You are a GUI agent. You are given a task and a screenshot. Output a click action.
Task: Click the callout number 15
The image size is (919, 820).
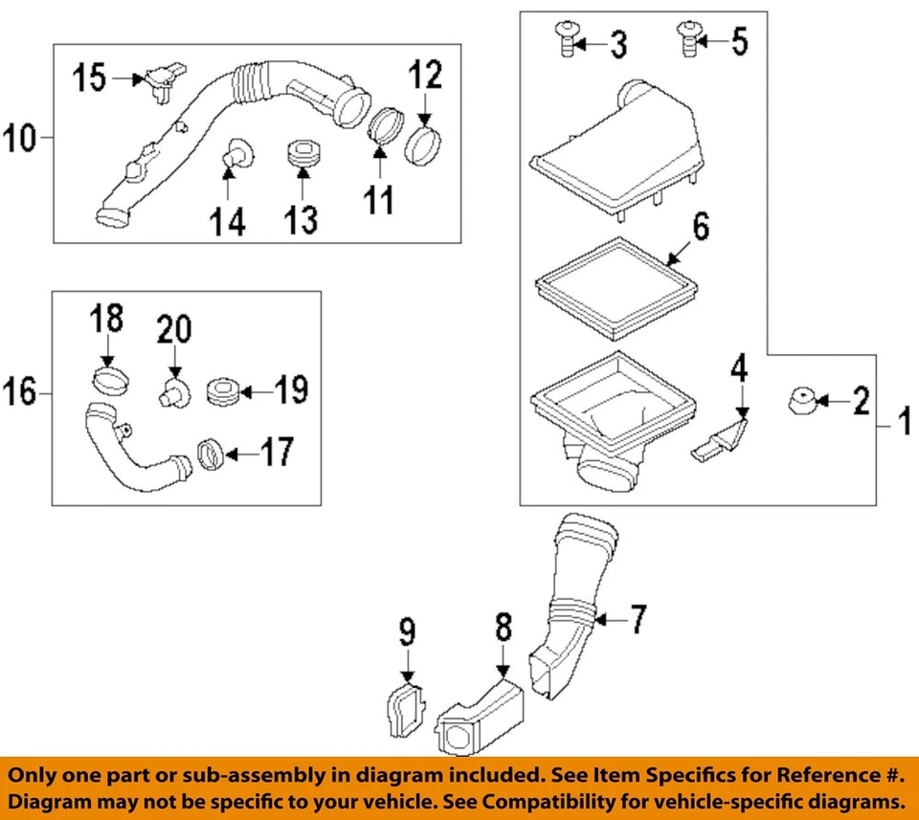92,78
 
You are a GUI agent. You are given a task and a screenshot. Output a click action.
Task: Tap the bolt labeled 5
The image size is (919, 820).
685,38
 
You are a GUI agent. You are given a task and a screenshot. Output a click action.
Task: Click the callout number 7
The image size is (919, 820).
638,620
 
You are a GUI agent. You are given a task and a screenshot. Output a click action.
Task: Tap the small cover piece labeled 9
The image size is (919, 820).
404,709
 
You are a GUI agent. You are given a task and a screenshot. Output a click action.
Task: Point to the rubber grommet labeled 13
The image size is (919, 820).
302,155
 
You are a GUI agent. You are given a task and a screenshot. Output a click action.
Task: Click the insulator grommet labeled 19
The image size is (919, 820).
222,392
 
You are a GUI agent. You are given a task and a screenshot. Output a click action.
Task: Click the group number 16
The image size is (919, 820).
20,391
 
